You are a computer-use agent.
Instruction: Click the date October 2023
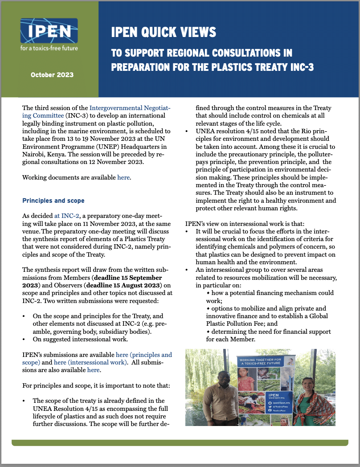(x=52, y=75)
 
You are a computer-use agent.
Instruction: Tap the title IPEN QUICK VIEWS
(x=164, y=33)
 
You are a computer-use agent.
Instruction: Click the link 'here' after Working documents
(x=123, y=177)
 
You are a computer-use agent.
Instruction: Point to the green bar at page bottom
(x=180, y=442)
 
